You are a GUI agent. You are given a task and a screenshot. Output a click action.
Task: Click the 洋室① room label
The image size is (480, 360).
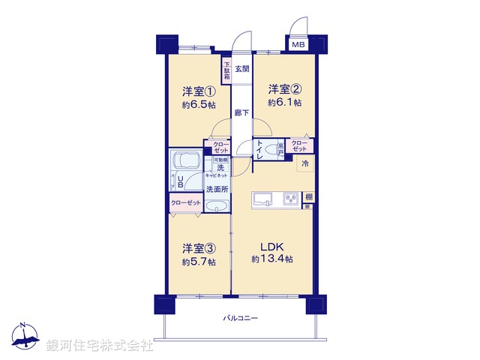[x=199, y=91]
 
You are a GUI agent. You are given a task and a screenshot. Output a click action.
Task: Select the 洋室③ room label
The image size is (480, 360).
[x=199, y=248]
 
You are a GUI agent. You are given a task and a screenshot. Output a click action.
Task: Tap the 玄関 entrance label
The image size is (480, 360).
[x=241, y=69]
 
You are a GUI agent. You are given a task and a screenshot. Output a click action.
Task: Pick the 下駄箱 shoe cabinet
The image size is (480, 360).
[x=226, y=71]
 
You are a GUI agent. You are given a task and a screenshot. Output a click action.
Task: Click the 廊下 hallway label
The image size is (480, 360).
[x=241, y=113]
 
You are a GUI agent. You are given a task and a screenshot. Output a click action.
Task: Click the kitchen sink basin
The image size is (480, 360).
[x=263, y=199]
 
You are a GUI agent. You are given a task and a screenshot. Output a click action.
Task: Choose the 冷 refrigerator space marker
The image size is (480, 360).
[x=305, y=163]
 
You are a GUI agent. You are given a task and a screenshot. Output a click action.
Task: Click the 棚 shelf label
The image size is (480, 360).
[x=308, y=197]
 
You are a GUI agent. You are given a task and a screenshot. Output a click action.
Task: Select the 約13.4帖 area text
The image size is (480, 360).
[x=272, y=259]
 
